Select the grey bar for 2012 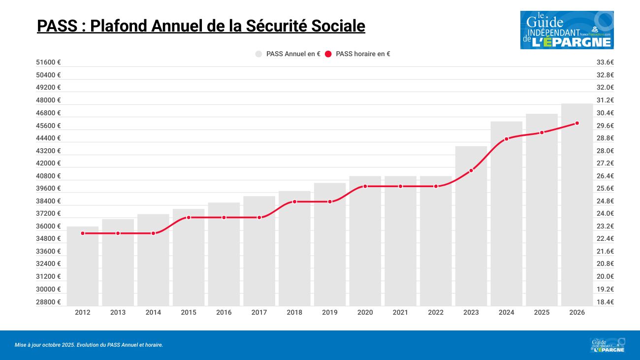coord(83,266)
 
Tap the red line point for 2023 coord(471,170)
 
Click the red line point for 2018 coord(294,201)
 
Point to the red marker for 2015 coord(189,217)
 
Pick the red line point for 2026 coord(577,123)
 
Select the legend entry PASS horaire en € coord(358,54)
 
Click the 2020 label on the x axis coord(365,312)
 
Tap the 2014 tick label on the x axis coord(153,312)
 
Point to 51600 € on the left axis coord(49,63)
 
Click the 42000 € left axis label coord(49,163)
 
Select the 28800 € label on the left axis coord(49,302)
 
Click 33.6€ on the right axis coord(605,63)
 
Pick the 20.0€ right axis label coord(605,276)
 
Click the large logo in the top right coord(567,30)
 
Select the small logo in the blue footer coord(608,345)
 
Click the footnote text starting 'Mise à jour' coord(89,345)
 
